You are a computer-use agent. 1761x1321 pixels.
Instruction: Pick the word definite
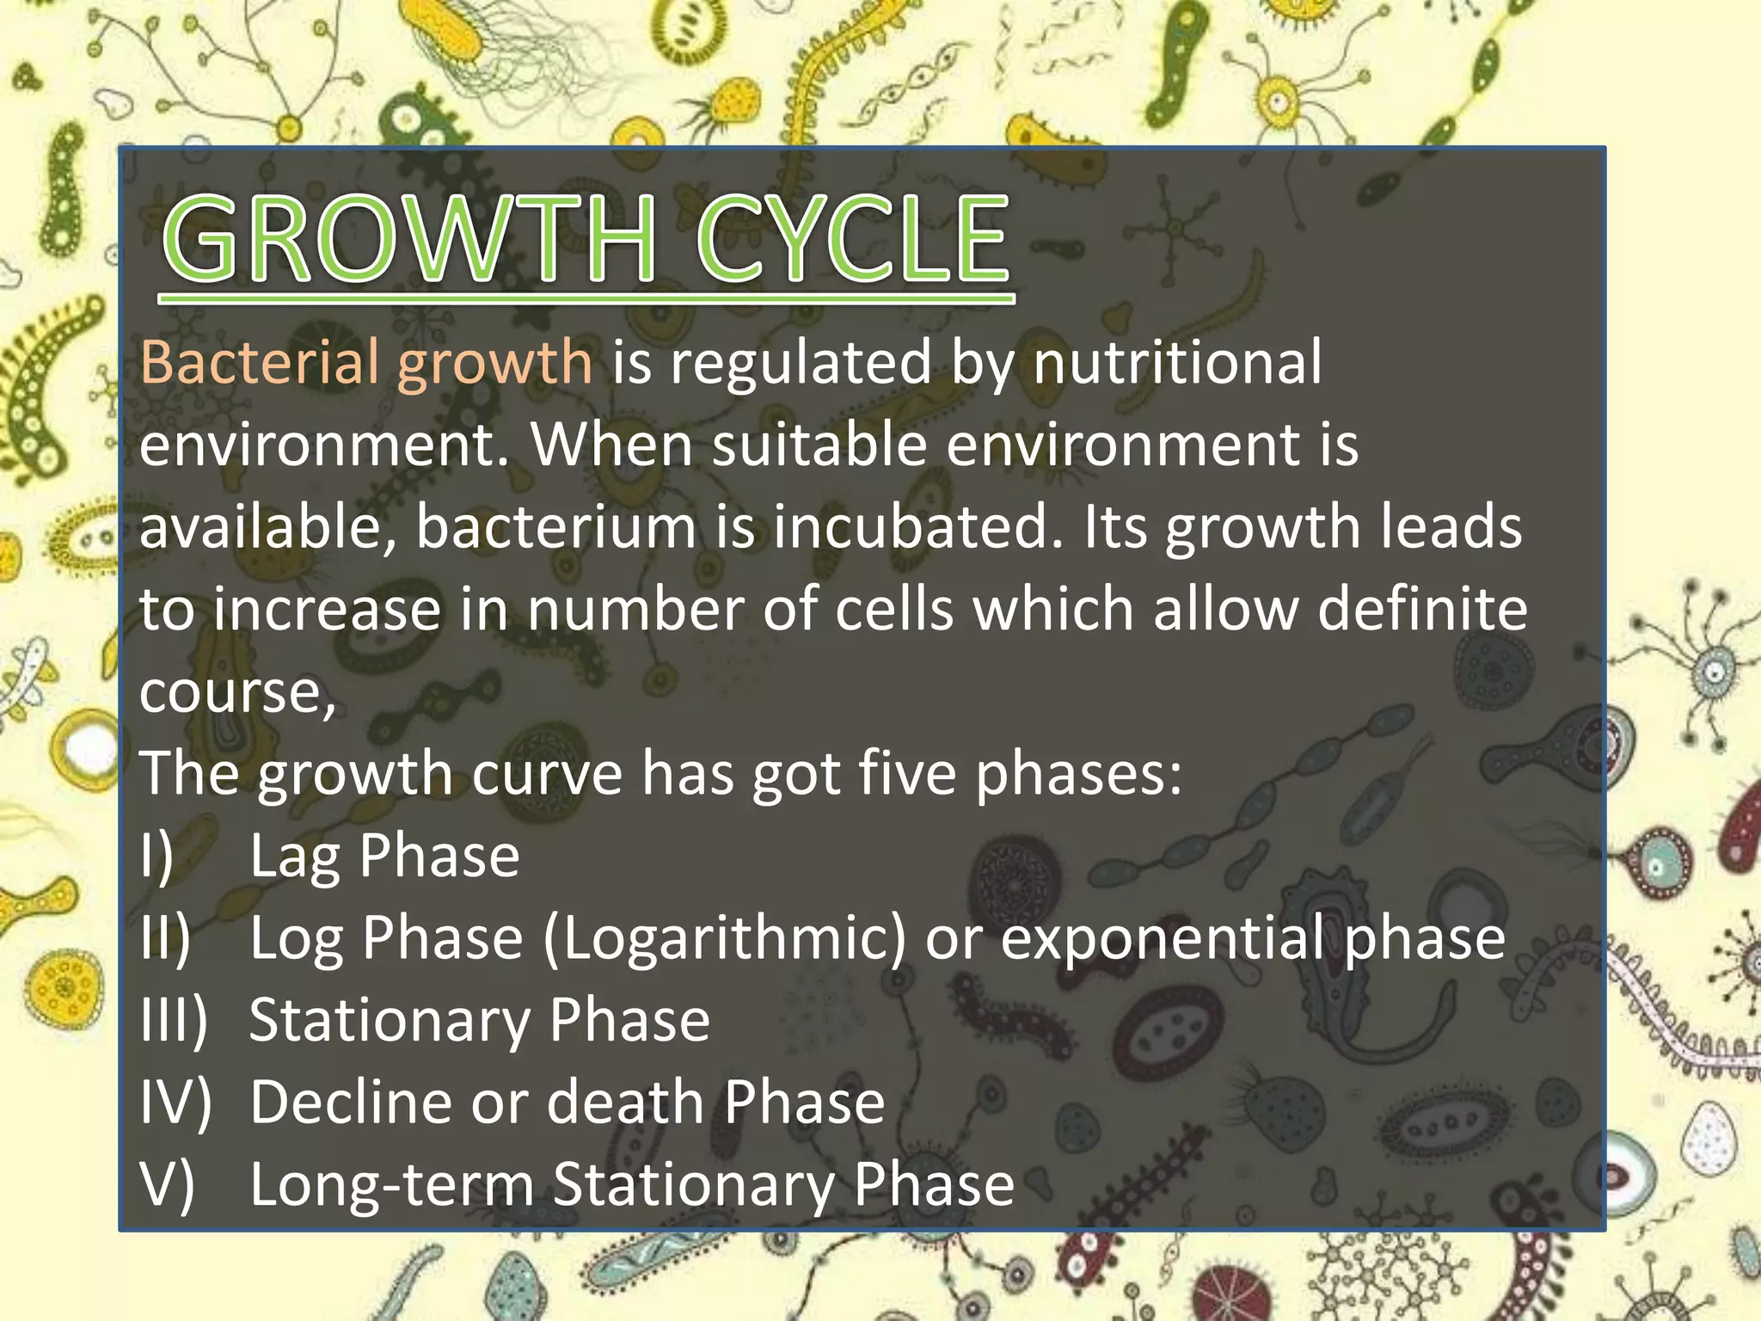click(x=1422, y=609)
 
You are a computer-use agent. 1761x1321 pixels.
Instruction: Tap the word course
click(x=231, y=693)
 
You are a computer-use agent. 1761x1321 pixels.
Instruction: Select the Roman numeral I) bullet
click(x=157, y=857)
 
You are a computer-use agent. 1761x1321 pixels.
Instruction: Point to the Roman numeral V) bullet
click(x=167, y=1185)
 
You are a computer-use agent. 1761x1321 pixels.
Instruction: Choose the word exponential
click(x=1162, y=939)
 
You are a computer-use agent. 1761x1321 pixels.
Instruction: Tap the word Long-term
click(x=391, y=1185)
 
